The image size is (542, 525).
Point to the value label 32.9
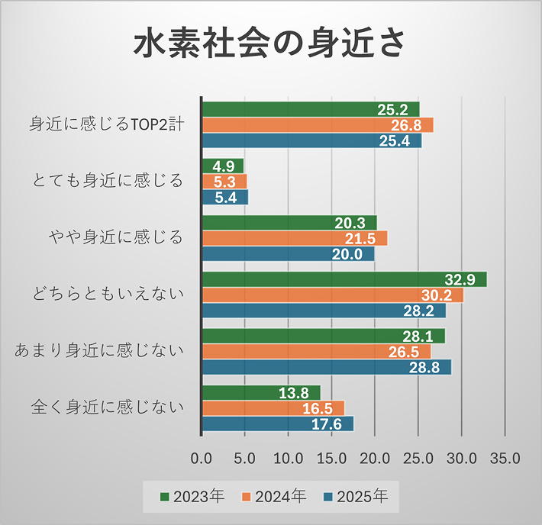[461, 279]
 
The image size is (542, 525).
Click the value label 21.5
[362, 238]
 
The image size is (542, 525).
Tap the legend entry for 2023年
[192, 497]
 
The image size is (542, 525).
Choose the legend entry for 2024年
[273, 497]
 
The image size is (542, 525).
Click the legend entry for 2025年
[355, 497]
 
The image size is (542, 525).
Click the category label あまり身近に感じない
[101, 351]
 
